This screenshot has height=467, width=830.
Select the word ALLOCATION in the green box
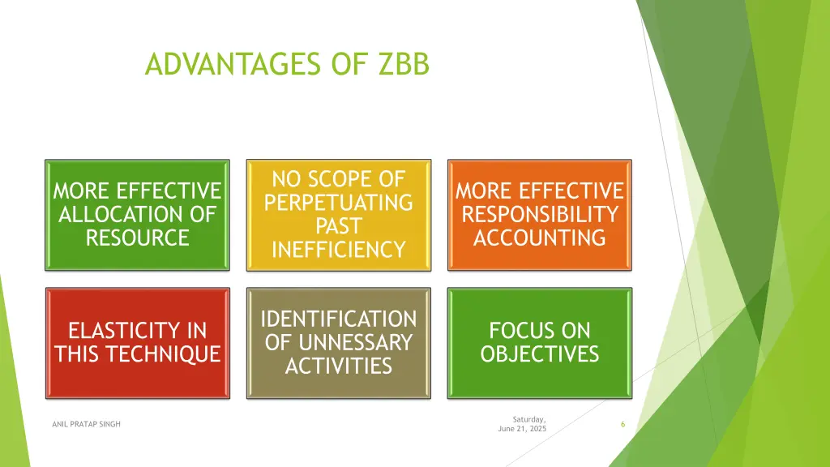(x=137, y=215)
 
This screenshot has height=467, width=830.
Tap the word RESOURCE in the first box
(x=137, y=238)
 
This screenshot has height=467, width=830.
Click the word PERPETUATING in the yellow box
(x=339, y=202)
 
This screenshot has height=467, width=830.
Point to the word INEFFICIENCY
(x=339, y=250)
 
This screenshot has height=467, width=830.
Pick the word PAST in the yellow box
(x=339, y=225)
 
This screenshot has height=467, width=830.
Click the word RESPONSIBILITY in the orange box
(x=540, y=215)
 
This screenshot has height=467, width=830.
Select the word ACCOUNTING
(x=540, y=238)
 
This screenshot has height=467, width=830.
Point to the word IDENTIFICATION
(x=339, y=319)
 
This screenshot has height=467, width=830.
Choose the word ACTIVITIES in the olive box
(x=339, y=366)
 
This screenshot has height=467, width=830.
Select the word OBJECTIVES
(x=540, y=354)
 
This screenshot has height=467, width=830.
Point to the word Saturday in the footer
(x=529, y=418)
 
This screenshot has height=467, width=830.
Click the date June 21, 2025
(x=522, y=429)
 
